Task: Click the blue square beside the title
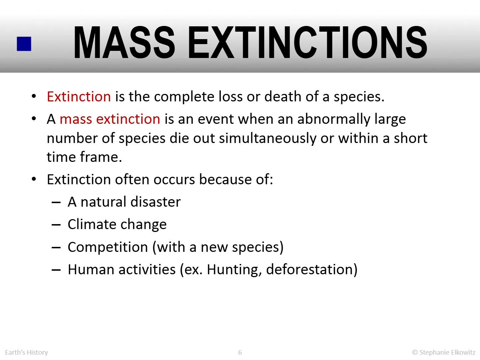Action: pyautogui.click(x=24, y=44)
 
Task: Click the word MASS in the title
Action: pyautogui.click(x=124, y=42)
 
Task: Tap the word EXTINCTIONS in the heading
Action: pyautogui.click(x=308, y=42)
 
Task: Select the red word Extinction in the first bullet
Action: pyautogui.click(x=79, y=96)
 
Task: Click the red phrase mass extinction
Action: pyautogui.click(x=110, y=119)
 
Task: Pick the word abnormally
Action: pyautogui.click(x=334, y=120)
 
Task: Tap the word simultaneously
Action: pyautogui.click(x=268, y=139)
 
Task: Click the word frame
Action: pyautogui.click(x=101, y=157)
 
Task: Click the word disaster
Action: pyautogui.click(x=155, y=201)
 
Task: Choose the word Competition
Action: pyautogui.click(x=108, y=248)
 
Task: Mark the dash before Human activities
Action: pyautogui.click(x=56, y=270)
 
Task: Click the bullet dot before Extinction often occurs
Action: pyautogui.click(x=34, y=179)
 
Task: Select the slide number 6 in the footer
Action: pyautogui.click(x=240, y=352)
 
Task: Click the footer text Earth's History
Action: pyautogui.click(x=26, y=352)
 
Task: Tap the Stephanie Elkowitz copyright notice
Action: pyautogui.click(x=444, y=352)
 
